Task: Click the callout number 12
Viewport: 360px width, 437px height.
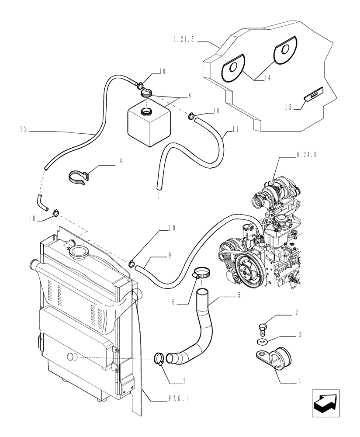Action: pyautogui.click(x=24, y=129)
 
